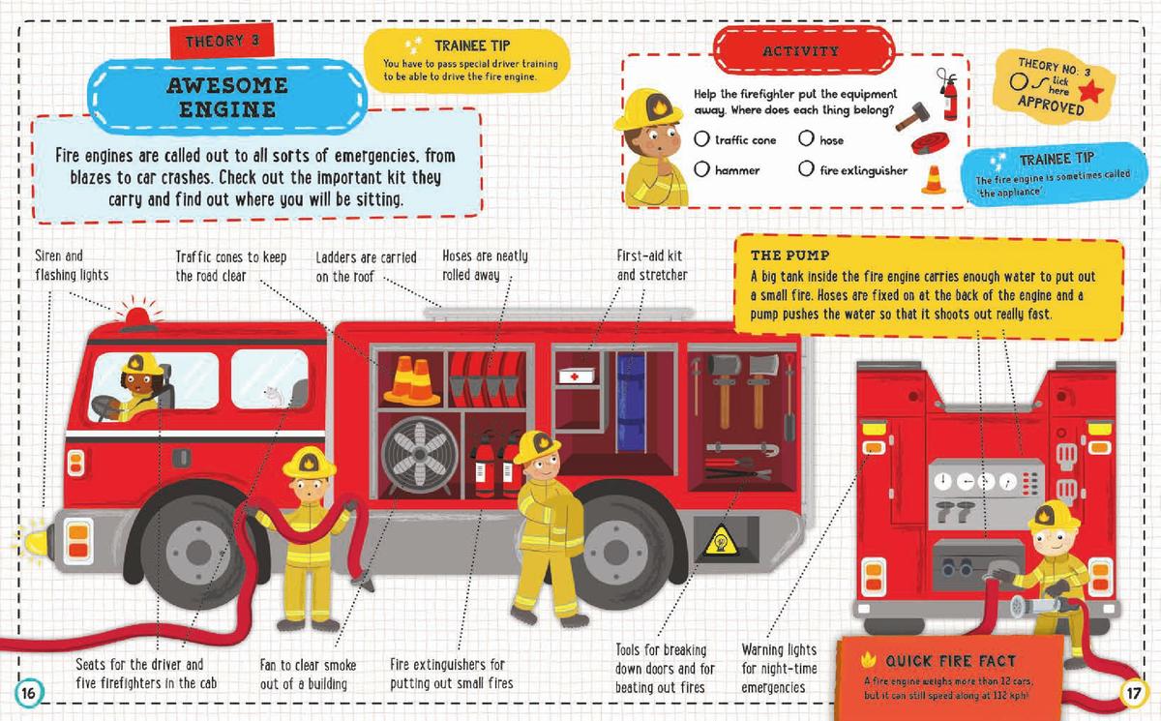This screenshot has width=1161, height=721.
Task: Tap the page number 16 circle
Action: coord(29,692)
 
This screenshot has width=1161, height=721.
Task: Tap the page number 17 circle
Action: coord(1133,693)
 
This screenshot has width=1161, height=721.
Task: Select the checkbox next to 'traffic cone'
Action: coord(702,139)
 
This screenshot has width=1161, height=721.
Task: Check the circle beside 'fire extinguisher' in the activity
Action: coord(807,169)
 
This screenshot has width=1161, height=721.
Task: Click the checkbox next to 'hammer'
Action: coord(702,169)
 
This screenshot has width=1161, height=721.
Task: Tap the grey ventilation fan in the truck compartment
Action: coord(419,454)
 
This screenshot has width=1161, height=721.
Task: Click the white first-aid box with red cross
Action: coord(581,376)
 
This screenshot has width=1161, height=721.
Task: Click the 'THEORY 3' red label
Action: coord(222,42)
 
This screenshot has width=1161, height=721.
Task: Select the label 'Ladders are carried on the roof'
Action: coord(366,266)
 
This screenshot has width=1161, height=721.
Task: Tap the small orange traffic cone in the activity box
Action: coord(933,179)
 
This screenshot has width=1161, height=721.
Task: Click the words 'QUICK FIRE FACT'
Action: coord(950,661)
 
